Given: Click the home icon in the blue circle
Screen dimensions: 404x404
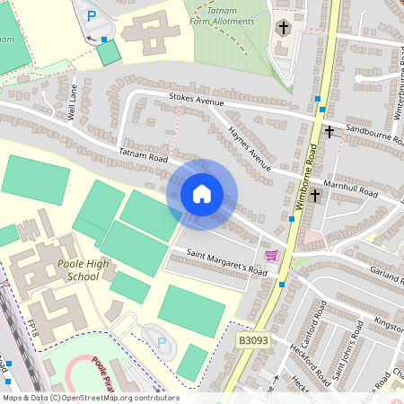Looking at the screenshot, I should click(x=202, y=194).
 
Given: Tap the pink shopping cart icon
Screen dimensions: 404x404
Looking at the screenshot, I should click(x=271, y=256).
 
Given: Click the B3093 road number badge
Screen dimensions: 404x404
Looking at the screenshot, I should click(x=253, y=341).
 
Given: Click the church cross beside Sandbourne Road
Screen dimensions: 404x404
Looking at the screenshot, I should click(x=329, y=132).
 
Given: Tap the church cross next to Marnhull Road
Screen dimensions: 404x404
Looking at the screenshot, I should click(x=316, y=194).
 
